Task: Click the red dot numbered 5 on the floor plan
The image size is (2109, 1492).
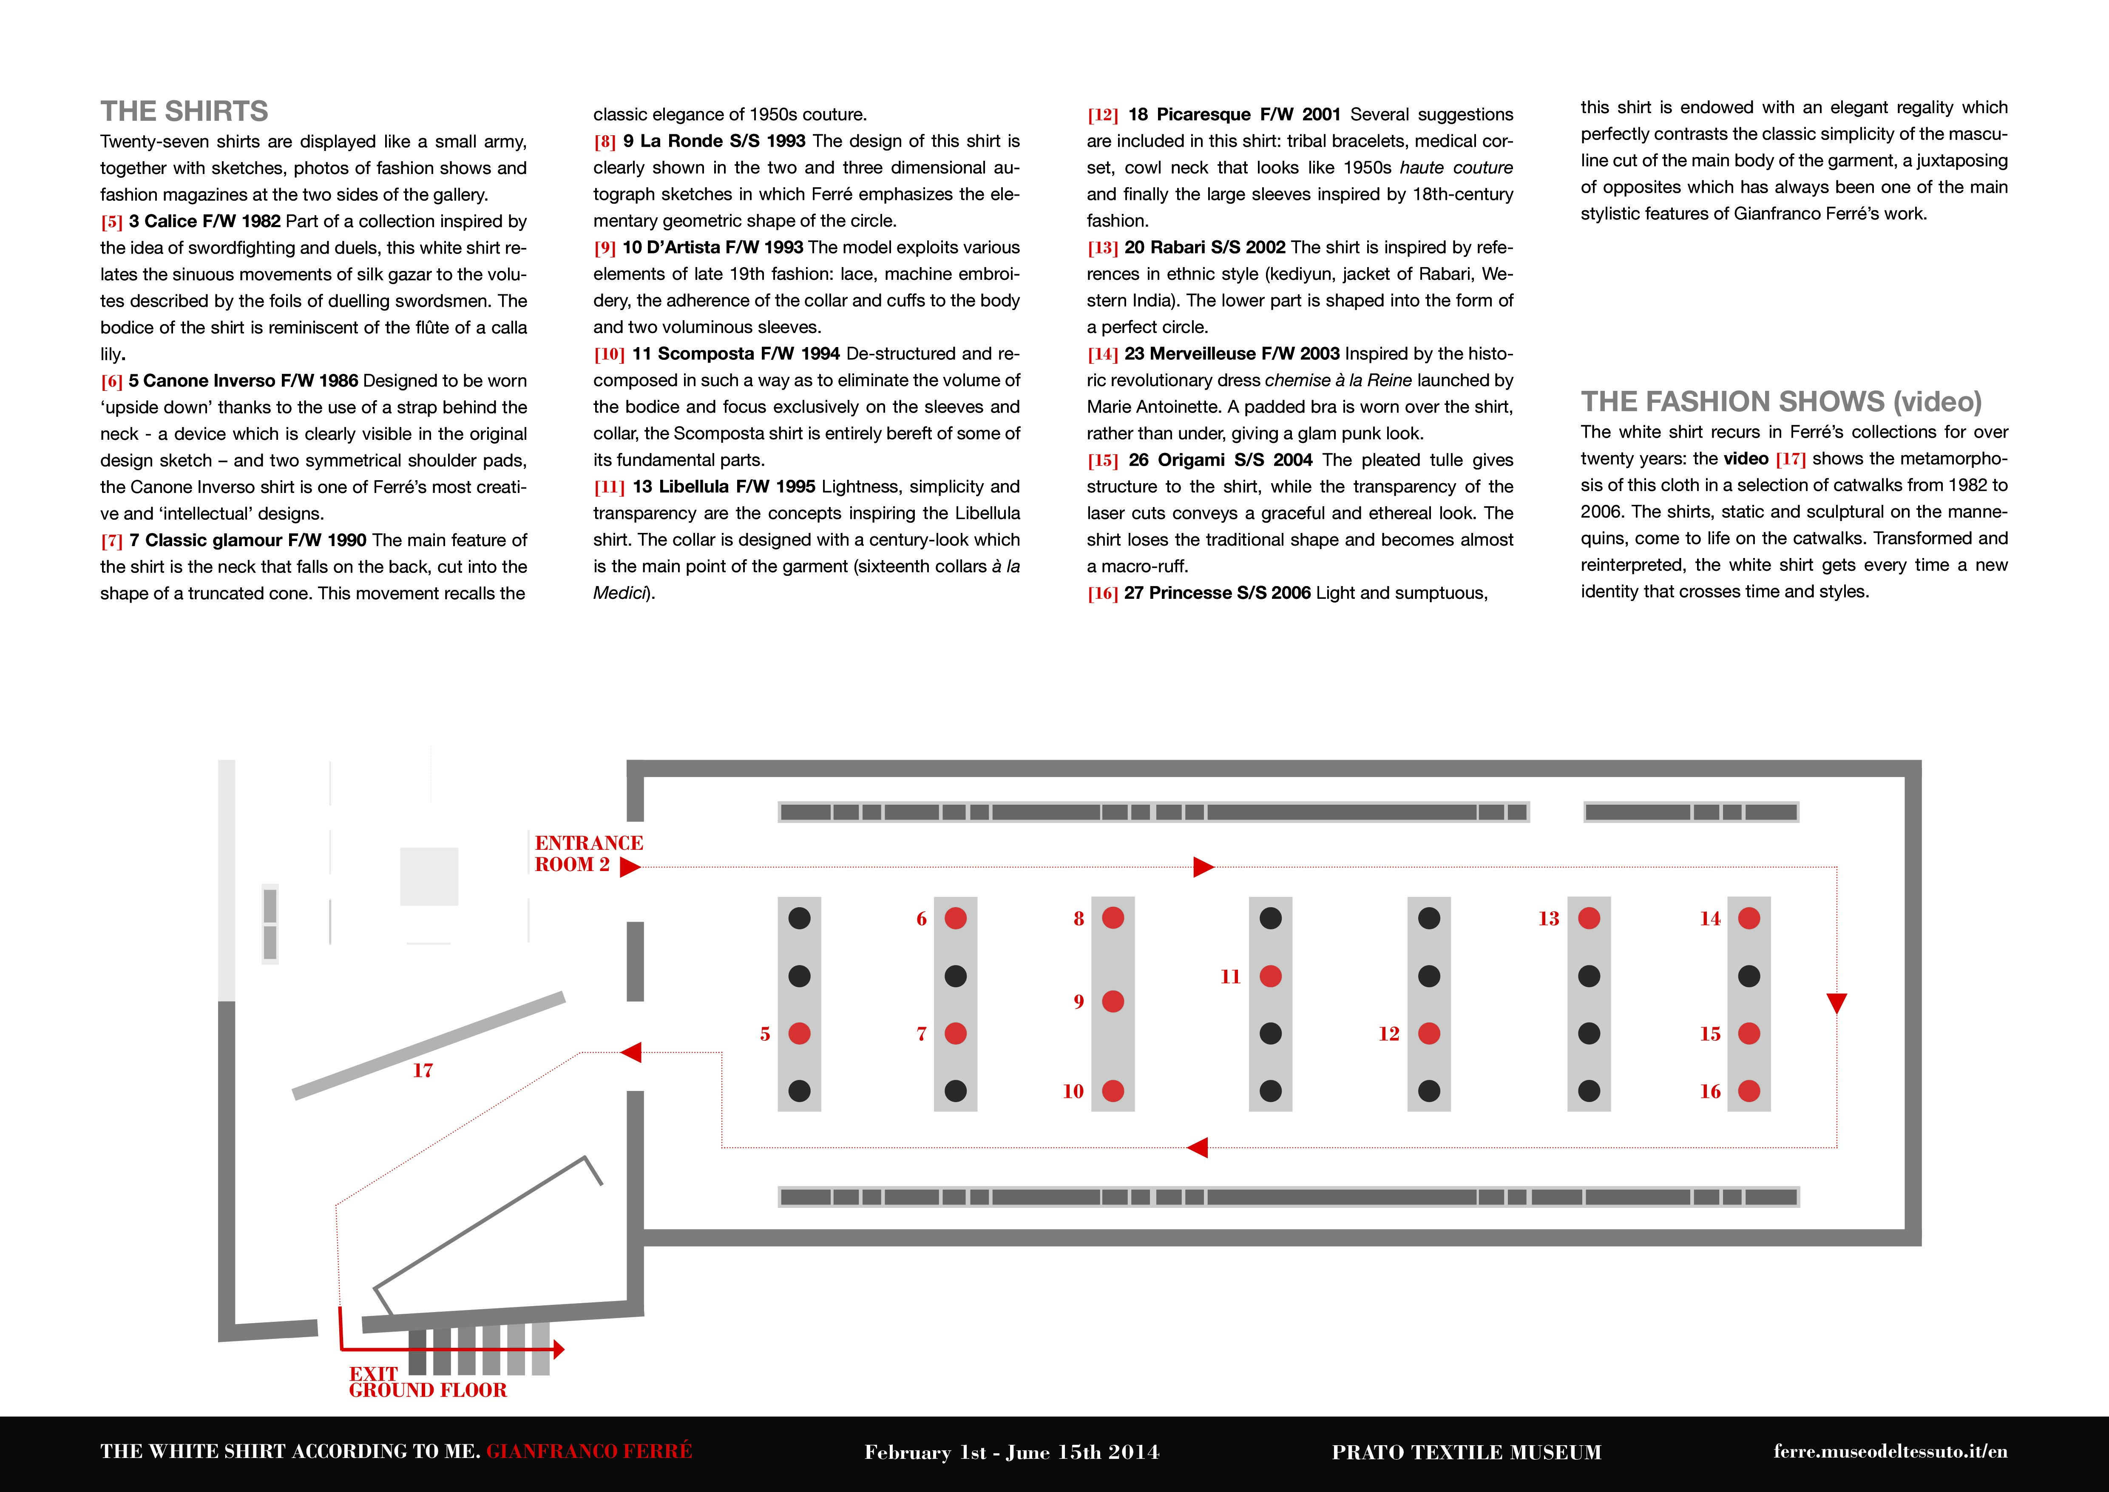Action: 799,1034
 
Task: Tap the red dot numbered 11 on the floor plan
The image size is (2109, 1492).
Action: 1270,976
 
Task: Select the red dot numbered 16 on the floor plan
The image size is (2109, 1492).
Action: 1749,1091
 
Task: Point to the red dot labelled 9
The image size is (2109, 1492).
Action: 1113,1002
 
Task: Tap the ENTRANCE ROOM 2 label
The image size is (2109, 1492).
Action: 589,854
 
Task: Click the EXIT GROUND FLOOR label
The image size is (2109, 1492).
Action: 427,1382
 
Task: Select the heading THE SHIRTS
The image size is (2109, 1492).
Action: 184,111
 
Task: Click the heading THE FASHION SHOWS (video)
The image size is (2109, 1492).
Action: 1781,401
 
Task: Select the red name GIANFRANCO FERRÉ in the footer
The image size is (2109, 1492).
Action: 589,1451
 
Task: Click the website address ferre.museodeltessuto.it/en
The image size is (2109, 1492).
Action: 1890,1452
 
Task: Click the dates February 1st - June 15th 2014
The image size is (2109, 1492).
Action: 1011,1452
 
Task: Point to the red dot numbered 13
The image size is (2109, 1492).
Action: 1589,918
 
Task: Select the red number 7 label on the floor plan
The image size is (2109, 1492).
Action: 921,1034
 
